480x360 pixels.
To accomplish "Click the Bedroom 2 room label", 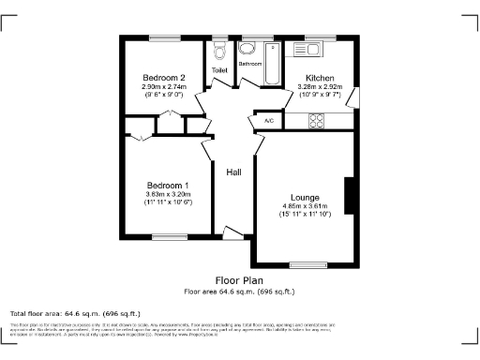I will pos(164,77).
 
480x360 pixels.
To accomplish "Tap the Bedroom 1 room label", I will pos(168,185).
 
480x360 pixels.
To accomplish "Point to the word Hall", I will pos(233,172).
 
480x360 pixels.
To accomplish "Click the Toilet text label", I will pos(219,70).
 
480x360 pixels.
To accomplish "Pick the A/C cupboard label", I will pos(268,121).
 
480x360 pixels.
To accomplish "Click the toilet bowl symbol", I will pos(219,50).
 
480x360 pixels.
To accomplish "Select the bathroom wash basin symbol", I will pos(247,50).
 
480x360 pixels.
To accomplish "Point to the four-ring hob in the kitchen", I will pos(316,120).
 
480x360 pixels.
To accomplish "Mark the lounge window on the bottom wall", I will pos(307,263).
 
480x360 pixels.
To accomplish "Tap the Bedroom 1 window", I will pos(170,236).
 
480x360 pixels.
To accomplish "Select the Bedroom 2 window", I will pos(164,37).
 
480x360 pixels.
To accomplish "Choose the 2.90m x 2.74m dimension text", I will pos(164,86).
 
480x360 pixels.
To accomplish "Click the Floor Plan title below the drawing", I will pos(239,280).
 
